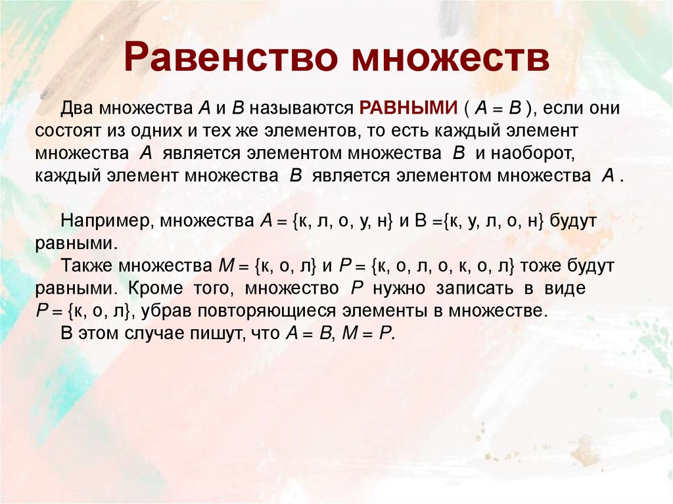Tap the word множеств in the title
coord(450,58)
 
